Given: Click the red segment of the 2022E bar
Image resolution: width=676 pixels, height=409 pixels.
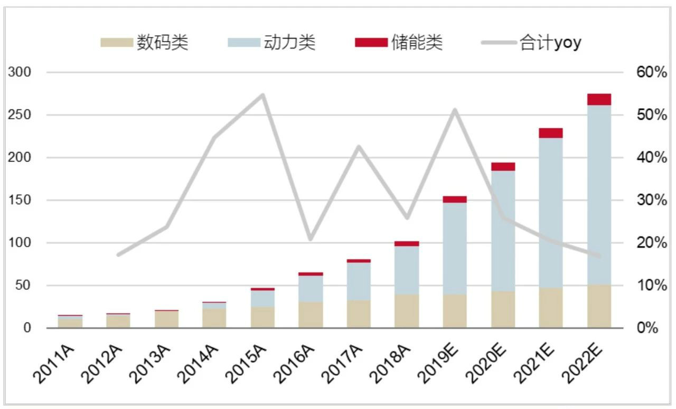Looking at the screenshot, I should tap(599, 99).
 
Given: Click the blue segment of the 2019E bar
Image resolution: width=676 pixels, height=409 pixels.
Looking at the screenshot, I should tap(455, 249).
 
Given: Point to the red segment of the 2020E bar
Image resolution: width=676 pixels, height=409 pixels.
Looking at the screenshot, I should tap(503, 167).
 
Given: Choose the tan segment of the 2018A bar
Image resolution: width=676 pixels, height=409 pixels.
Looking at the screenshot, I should tap(407, 311).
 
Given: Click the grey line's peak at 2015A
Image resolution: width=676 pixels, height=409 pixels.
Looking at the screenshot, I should tap(262, 95).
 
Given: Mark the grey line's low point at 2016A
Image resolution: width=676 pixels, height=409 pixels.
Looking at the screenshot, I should tap(311, 239).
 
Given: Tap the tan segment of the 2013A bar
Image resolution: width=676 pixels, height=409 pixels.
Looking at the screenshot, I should tap(166, 319).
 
